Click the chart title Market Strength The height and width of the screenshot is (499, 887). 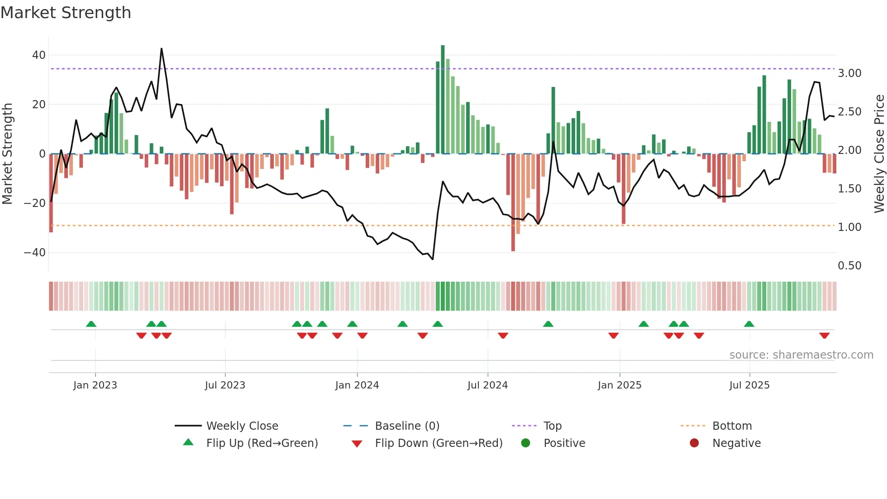point(66,13)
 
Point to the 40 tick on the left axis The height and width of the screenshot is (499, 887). point(38,55)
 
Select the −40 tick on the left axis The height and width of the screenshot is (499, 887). point(35,252)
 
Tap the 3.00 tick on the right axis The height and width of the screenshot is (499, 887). point(849,73)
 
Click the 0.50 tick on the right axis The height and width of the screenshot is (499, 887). point(849,266)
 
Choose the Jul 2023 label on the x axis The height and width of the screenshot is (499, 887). point(225,385)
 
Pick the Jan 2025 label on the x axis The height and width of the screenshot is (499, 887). point(619,385)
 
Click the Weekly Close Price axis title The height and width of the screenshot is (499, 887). point(879,154)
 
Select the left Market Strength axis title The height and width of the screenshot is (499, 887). point(8,154)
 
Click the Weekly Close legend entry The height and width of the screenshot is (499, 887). point(242,426)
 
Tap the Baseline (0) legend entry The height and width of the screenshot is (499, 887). point(407,426)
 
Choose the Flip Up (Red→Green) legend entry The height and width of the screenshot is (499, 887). point(262,443)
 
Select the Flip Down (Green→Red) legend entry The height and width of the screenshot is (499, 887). point(438,443)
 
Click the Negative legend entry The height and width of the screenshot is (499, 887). point(736,443)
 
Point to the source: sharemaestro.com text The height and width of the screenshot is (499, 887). point(801,355)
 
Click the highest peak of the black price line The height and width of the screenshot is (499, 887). point(162,49)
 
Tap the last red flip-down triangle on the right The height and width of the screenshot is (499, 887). point(824,336)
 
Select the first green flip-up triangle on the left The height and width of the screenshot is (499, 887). point(91,324)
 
